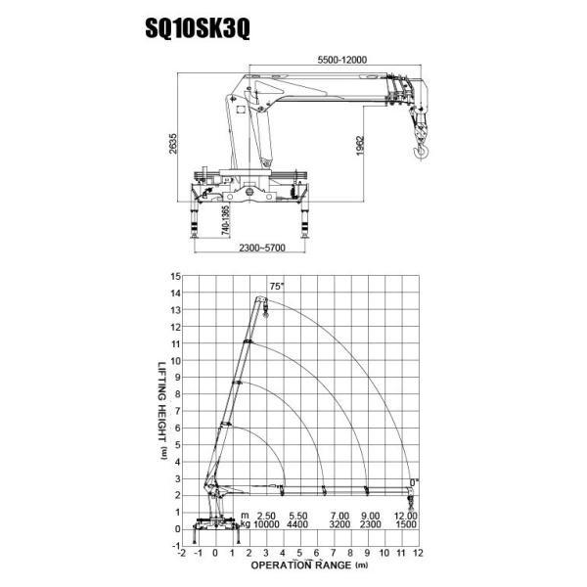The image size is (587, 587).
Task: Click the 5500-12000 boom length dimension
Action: (x=341, y=61)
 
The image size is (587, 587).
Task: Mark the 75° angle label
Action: (x=276, y=286)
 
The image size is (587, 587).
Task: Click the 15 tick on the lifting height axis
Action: (x=175, y=277)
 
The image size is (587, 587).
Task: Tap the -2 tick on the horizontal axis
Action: (x=182, y=553)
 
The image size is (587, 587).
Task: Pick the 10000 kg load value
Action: (x=267, y=524)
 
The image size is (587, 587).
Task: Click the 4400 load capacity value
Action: (x=300, y=524)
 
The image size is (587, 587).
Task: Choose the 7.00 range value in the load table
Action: (x=339, y=515)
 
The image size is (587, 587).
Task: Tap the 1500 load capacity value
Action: (x=405, y=524)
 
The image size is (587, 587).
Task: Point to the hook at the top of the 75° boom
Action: (x=265, y=313)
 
